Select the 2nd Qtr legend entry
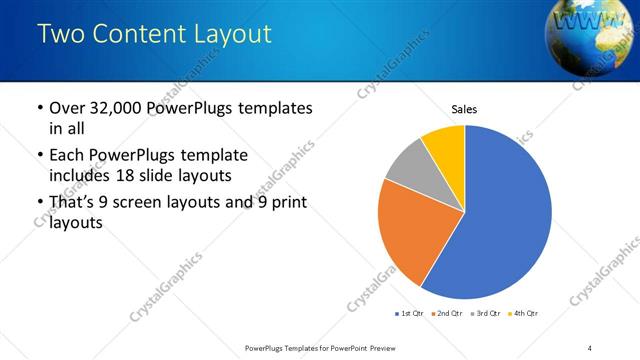point(445,314)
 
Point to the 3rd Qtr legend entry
point(482,314)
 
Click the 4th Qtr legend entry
point(520,314)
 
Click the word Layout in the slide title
point(225,33)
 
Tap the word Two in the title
point(59,33)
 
